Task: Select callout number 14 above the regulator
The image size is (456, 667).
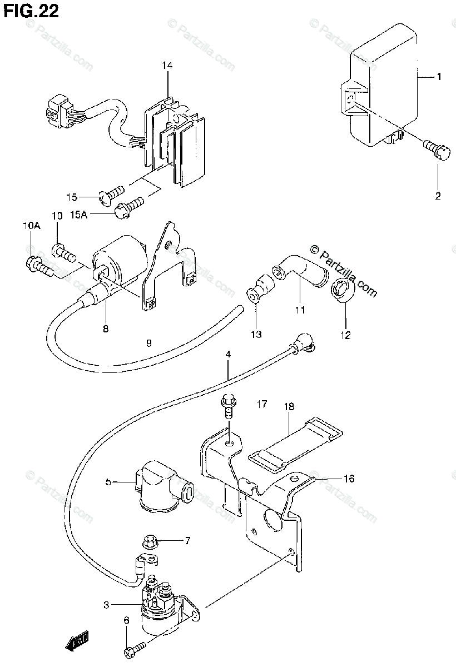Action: (167, 66)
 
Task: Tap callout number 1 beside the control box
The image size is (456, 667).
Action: (438, 77)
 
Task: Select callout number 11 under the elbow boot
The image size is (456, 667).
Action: (300, 310)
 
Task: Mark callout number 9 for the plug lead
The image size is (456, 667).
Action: (148, 343)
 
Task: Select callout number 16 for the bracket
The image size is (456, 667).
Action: (349, 478)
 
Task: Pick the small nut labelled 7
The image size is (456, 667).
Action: (149, 540)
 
